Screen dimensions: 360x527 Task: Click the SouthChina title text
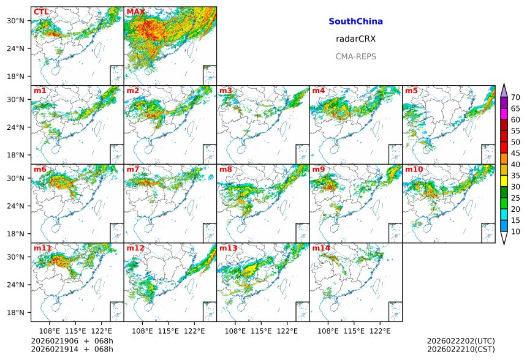pyautogui.click(x=355, y=21)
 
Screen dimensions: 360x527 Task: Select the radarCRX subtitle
pyautogui.click(x=355, y=39)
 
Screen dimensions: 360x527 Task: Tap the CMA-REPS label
pyautogui.click(x=355, y=56)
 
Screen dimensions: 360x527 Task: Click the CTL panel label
pyautogui.click(x=41, y=12)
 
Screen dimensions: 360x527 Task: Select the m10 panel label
pyautogui.click(x=414, y=169)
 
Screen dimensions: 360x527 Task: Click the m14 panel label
pyautogui.click(x=321, y=248)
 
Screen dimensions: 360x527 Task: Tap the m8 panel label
pyautogui.click(x=226, y=169)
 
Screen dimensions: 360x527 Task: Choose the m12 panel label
pyautogui.click(x=135, y=248)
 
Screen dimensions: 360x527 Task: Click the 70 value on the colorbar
pyautogui.click(x=515, y=97)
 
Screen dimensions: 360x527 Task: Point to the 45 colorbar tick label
pyautogui.click(x=515, y=153)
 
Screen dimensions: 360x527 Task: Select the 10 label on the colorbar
pyautogui.click(x=515, y=231)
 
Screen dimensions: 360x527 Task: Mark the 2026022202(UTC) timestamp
pyautogui.click(x=461, y=341)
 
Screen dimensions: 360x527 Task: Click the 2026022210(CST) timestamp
pyautogui.click(x=461, y=350)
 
